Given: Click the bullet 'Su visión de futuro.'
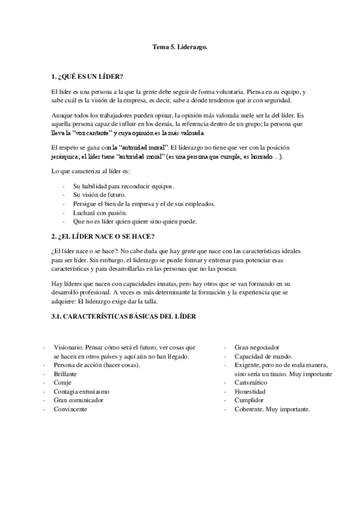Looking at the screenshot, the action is pos(99,195).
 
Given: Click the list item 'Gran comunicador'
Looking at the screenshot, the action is pos(79,400).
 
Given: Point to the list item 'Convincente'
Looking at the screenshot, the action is pos(70,409).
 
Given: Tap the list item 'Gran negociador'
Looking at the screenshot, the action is pos(257,348).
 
